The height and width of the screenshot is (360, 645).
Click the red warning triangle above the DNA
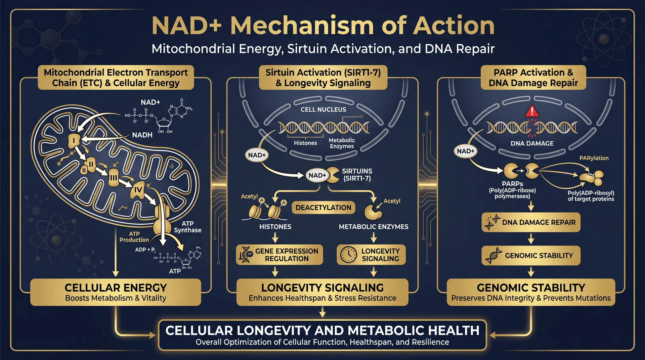pos(532,111)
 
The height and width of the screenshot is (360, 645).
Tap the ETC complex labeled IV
pos(138,190)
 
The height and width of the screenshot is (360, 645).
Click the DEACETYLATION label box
pos(323,208)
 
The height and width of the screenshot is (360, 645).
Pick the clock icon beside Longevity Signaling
pos(348,255)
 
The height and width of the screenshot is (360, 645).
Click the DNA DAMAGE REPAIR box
pos(531,222)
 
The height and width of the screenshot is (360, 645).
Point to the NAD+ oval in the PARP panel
pos(465,151)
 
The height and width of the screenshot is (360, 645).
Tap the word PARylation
pos(594,158)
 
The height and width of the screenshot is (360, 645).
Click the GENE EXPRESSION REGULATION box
pos(279,255)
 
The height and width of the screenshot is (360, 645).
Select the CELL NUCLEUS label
pos(323,109)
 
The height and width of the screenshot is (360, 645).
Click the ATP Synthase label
pos(187,227)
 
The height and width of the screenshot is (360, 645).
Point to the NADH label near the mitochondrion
pos(142,135)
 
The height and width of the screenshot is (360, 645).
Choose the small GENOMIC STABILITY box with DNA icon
pos(531,256)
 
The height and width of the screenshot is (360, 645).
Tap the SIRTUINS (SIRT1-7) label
pos(357,175)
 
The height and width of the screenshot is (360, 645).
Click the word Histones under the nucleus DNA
pos(305,143)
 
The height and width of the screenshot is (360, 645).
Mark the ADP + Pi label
pos(145,250)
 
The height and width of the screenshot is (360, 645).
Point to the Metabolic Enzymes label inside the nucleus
pos(342,143)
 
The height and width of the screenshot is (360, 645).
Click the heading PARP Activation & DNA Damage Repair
pos(533,78)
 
